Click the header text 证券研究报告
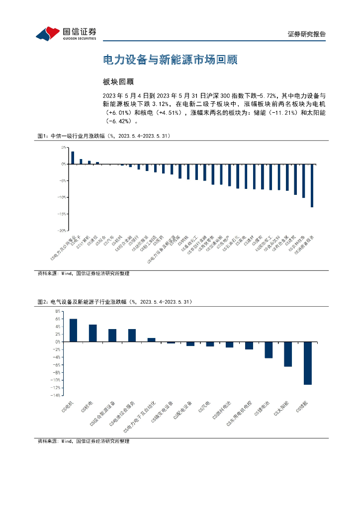tap(307, 34)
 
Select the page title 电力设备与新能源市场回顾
tap(170, 60)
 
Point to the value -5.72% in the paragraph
tap(268, 95)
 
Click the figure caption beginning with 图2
tap(115, 302)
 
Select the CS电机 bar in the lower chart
tap(73, 330)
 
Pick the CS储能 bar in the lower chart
tap(308, 363)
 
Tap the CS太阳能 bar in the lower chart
tap(288, 354)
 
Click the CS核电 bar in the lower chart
tap(93, 333)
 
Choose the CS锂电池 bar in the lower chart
tap(269, 349)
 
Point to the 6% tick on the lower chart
tap(58, 319)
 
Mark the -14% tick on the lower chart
tap(56, 395)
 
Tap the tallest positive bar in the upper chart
tap(73, 158)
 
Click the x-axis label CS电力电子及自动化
tap(143, 414)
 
